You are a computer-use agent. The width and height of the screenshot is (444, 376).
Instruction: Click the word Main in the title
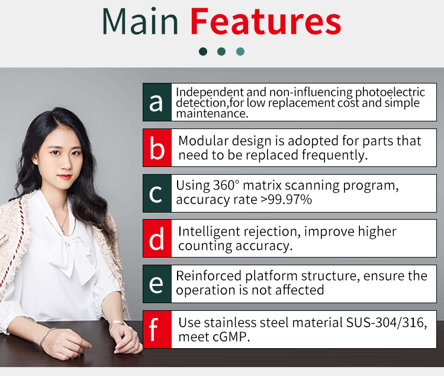pyautogui.click(x=140, y=21)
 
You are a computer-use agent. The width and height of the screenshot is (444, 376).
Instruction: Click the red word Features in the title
pyautogui.click(x=266, y=21)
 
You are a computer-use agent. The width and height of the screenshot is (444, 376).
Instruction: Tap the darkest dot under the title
pyautogui.click(x=203, y=52)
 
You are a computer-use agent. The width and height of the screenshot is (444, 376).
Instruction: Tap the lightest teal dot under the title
pyautogui.click(x=240, y=52)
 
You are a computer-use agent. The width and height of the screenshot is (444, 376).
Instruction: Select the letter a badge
pyautogui.click(x=157, y=102)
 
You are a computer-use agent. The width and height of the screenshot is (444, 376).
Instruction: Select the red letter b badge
pyautogui.click(x=157, y=148)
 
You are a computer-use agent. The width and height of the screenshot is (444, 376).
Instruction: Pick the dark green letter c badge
pyautogui.click(x=157, y=194)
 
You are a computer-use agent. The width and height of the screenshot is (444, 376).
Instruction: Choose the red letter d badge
pyautogui.click(x=157, y=239)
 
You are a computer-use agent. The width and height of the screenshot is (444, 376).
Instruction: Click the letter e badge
pyautogui.click(x=157, y=284)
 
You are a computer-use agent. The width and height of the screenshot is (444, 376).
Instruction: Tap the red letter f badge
pyautogui.click(x=157, y=330)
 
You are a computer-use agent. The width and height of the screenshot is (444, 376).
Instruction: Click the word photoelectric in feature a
pyautogui.click(x=390, y=92)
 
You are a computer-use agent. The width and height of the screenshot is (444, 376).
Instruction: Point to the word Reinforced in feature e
pyautogui.click(x=208, y=276)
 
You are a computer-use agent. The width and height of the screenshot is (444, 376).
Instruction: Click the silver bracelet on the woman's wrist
pyautogui.click(x=46, y=337)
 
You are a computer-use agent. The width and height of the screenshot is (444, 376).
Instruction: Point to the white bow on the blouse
pyautogui.click(x=73, y=255)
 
